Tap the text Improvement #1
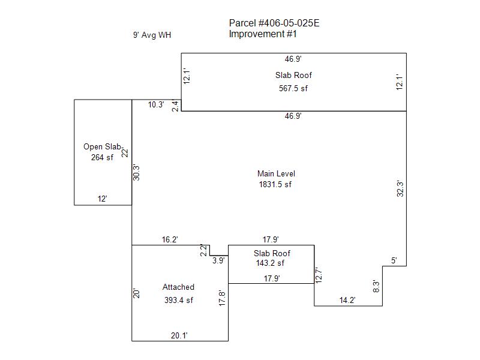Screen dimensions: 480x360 (263, 34)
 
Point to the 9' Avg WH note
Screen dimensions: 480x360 (152, 35)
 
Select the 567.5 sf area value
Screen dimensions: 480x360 (293, 88)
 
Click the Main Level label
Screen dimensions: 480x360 (276, 173)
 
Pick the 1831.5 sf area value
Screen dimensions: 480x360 (275, 184)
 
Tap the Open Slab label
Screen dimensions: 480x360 (103, 146)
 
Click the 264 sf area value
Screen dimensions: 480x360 (102, 157)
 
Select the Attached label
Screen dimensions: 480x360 (178, 287)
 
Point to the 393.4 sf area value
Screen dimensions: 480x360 (178, 300)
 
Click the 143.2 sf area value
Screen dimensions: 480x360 (270, 263)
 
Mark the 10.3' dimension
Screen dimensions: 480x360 (156, 104)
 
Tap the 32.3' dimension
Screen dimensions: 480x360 (400, 188)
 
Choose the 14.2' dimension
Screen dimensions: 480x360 (347, 300)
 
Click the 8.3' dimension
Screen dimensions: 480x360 (376, 286)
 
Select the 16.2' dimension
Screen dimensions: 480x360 (170, 239)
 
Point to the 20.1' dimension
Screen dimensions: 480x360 (179, 335)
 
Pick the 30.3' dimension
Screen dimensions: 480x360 (136, 172)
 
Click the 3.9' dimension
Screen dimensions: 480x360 (218, 260)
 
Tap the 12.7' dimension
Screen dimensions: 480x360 (319, 275)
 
